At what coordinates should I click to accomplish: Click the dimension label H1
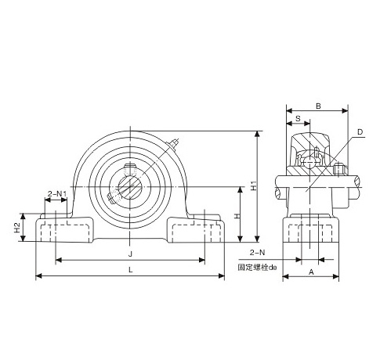coord(254,185)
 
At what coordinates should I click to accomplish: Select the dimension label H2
coord(17,228)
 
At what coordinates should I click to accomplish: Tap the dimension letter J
coord(131,254)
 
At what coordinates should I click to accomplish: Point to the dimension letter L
coord(131,270)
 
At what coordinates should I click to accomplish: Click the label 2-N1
coord(56,193)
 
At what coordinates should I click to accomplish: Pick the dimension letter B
coord(318,106)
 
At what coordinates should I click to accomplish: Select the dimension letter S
coord(298,118)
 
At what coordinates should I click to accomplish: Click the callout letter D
coord(360,132)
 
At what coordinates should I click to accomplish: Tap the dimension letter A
coord(311,272)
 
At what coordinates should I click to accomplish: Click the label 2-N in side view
coord(257,253)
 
